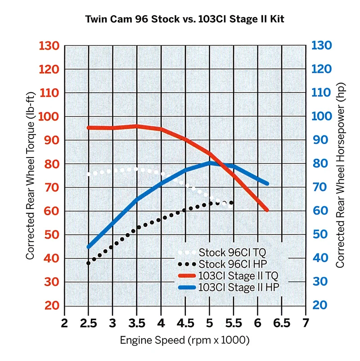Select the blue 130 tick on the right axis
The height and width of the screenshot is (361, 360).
click(x=322, y=45)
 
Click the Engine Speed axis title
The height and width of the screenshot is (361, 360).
click(x=184, y=341)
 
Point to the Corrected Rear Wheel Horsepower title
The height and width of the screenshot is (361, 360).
click(x=341, y=176)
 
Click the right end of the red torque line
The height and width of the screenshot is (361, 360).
click(x=267, y=210)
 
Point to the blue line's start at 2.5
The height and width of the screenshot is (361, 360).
click(x=89, y=247)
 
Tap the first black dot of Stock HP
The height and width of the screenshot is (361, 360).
click(x=89, y=263)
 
